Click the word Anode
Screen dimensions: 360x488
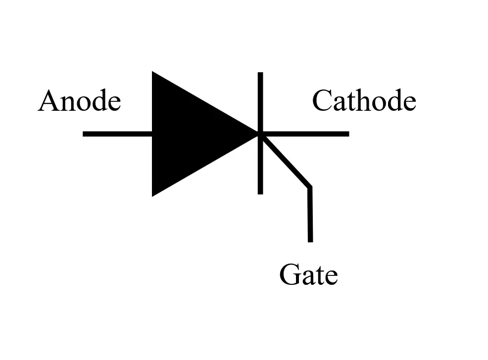click(79, 101)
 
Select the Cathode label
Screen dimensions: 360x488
click(364, 101)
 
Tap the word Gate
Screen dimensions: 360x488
click(308, 275)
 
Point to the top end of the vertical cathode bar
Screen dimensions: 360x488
click(260, 75)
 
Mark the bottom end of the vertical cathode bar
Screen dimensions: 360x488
click(260, 192)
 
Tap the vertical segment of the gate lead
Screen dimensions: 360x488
click(310, 215)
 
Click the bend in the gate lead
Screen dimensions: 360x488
click(310, 187)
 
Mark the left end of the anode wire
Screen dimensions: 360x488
click(84, 134)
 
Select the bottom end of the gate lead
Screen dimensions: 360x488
click(310, 240)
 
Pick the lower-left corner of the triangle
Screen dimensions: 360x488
click(153, 194)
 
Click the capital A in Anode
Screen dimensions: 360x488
click(48, 101)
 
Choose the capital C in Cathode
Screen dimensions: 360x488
click(322, 101)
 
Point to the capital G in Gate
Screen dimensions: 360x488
click(290, 275)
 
